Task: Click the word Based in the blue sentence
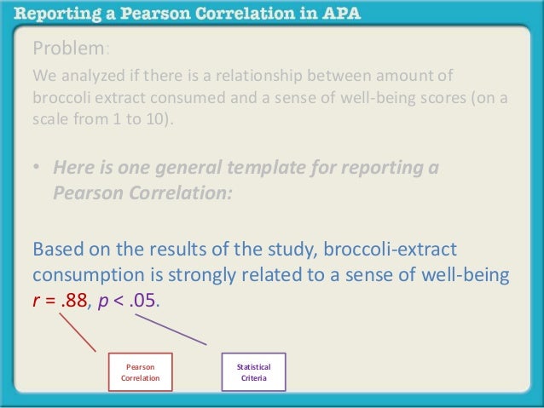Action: (x=58, y=250)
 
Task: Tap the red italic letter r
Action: (x=36, y=302)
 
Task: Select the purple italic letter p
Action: (x=103, y=302)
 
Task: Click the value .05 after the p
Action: (x=142, y=302)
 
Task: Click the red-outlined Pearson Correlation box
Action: (x=141, y=371)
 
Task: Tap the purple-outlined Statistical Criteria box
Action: (x=253, y=371)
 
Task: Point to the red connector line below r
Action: (x=78, y=332)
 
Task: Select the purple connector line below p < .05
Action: (x=171, y=329)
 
